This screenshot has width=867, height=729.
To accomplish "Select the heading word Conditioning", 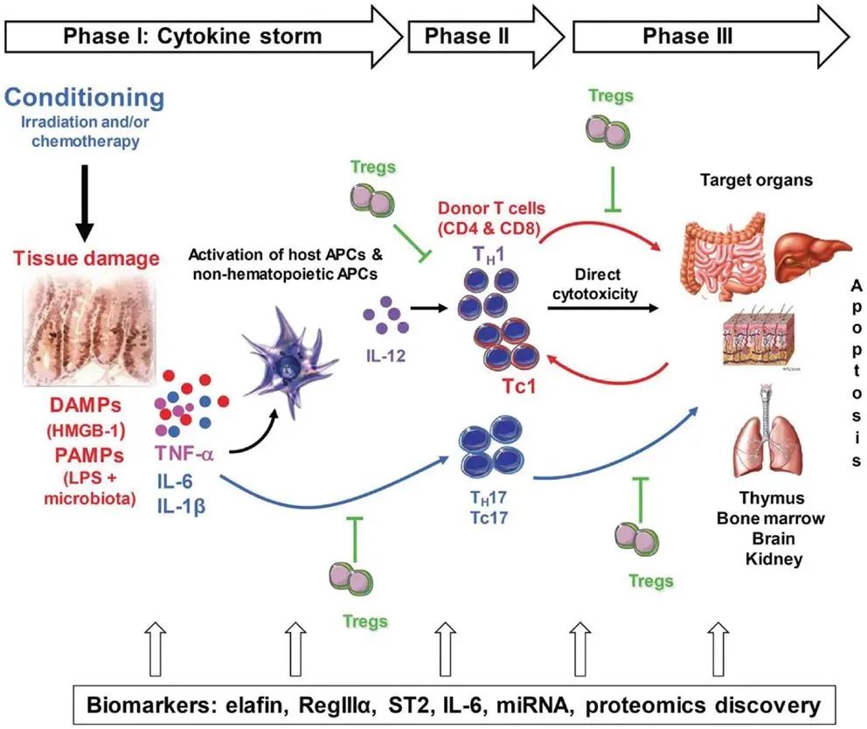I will click(84, 97).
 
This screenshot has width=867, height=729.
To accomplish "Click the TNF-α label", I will click(187, 453).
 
